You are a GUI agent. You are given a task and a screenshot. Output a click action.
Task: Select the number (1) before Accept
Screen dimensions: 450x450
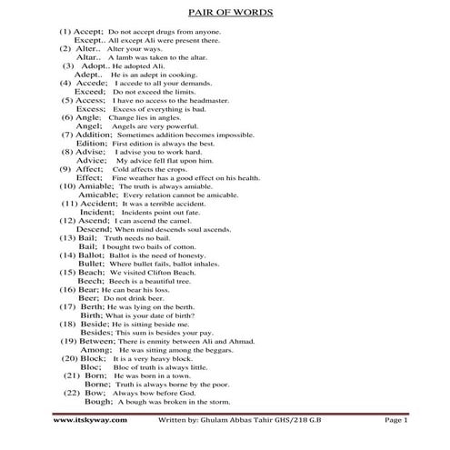click(x=66, y=33)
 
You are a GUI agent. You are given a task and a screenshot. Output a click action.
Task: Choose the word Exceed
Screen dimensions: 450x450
click(x=90, y=92)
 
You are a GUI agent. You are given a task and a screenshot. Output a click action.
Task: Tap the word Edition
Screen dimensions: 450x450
click(x=92, y=143)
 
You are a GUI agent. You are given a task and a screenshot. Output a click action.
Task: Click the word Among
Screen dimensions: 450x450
click(x=96, y=349)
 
